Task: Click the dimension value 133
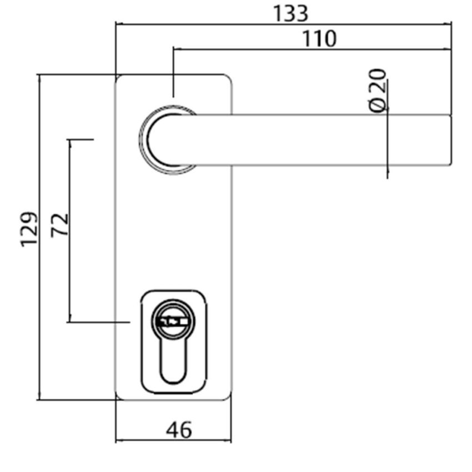[x=290, y=13]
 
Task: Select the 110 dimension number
[x=319, y=38]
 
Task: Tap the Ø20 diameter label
[x=378, y=91]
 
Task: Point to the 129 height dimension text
[x=29, y=229]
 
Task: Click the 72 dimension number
[x=59, y=225]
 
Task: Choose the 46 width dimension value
[x=179, y=430]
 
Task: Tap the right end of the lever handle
[x=451, y=140]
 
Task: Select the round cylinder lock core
[x=173, y=321]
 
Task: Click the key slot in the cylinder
[x=173, y=322]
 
